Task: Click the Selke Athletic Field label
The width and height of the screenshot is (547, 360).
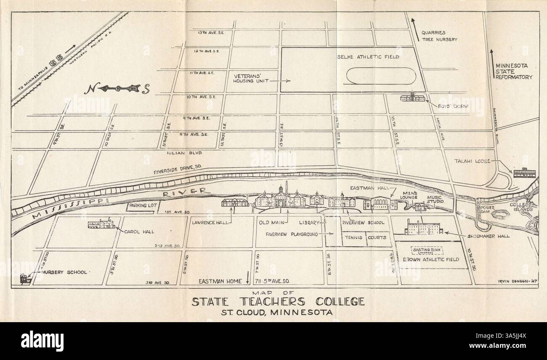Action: point(368,57)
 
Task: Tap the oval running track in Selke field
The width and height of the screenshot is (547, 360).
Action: point(381,77)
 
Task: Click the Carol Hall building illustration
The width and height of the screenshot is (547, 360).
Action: point(101,224)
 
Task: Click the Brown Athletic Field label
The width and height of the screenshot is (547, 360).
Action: point(430,259)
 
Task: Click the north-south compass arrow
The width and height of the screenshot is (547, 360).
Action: point(118,89)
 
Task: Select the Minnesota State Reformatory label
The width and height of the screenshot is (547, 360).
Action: point(513,71)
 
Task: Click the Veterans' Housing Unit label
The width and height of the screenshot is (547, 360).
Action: point(251,79)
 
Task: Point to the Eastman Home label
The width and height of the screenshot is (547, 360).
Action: point(220,281)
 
